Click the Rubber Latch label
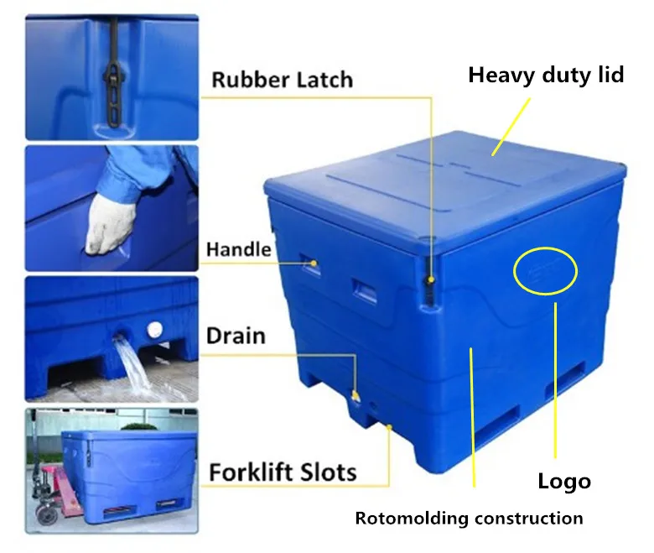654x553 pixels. (x=282, y=80)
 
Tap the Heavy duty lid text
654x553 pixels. (x=546, y=75)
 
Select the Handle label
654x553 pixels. (x=239, y=249)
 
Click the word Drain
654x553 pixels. (x=236, y=336)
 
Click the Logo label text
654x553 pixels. (x=563, y=481)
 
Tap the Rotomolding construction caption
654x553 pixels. (x=469, y=518)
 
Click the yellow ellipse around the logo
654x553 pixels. (x=546, y=271)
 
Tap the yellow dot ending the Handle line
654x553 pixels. (x=316, y=263)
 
